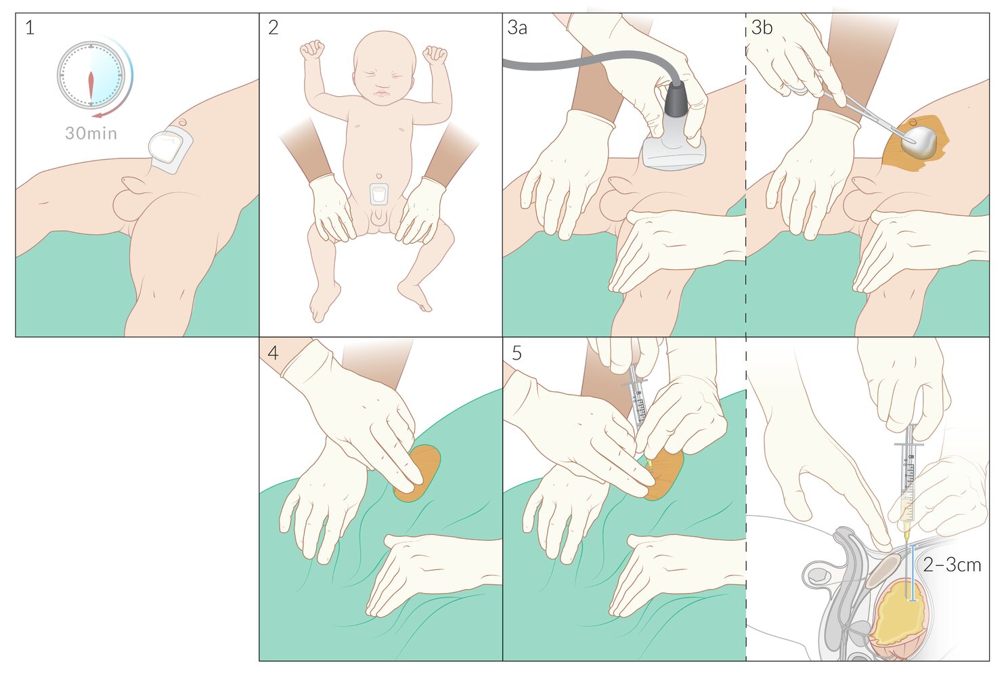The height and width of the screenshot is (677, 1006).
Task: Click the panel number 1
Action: coord(30,28)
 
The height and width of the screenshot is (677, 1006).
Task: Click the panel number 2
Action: coord(273,28)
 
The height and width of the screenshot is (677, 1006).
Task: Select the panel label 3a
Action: coord(517,28)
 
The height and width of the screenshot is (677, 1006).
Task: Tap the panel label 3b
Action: coord(762,28)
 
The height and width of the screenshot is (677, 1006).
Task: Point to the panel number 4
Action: coord(273,353)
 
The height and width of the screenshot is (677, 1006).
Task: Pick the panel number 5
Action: coord(517,353)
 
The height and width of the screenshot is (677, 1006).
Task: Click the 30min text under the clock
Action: coord(91,133)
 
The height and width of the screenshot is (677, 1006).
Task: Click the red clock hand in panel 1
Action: coord(91,85)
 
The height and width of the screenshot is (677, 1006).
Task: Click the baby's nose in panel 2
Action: coord(382,83)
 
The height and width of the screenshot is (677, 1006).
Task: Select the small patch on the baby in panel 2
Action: coord(379,194)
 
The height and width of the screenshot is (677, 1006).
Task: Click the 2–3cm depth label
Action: coord(952,565)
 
